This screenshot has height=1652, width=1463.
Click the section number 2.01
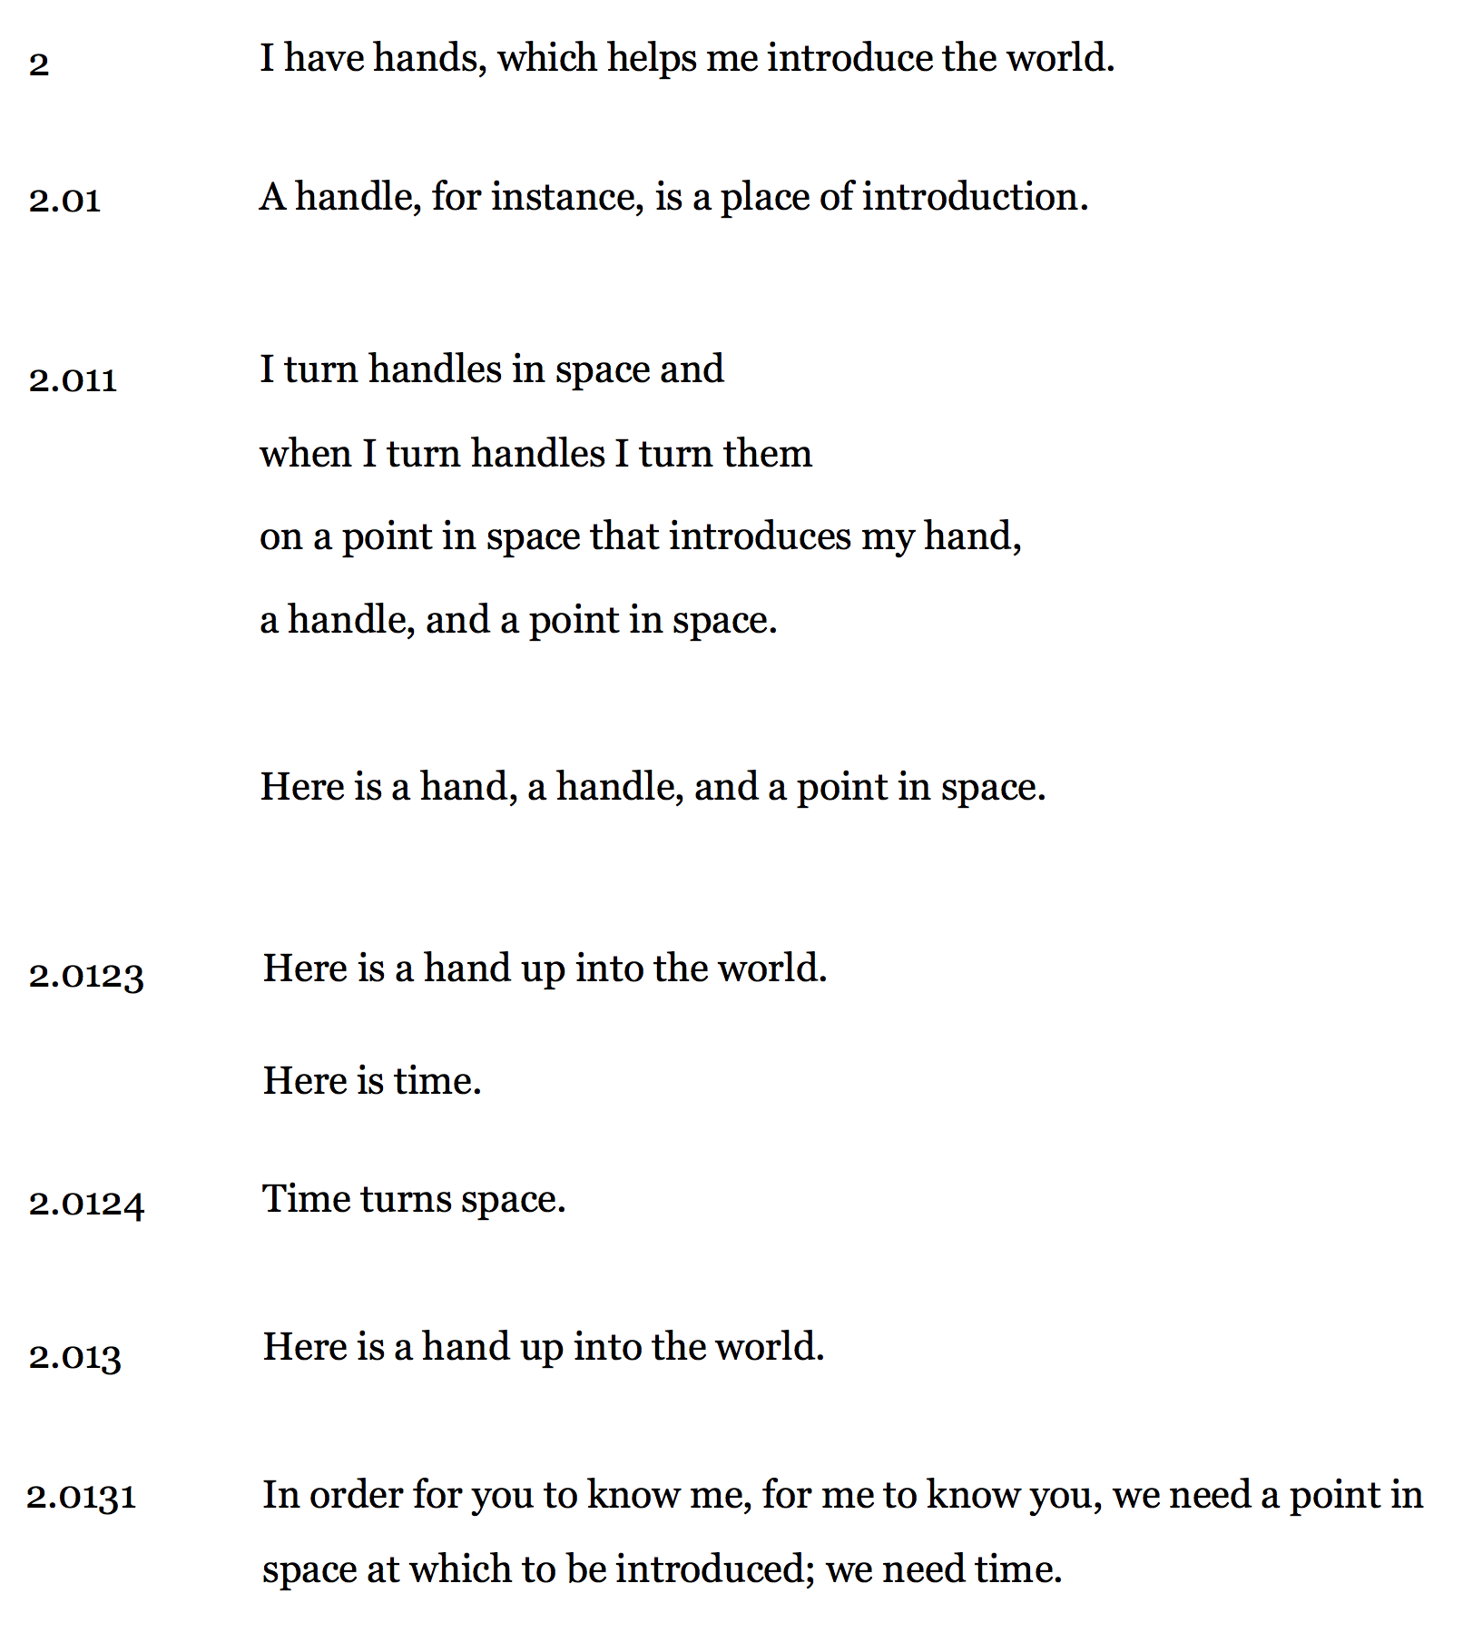tap(64, 200)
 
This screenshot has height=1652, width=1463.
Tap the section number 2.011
tap(73, 379)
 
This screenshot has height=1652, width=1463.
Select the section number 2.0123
tap(86, 976)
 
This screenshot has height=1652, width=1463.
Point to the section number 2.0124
tap(86, 1204)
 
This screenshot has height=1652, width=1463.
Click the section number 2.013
tap(74, 1357)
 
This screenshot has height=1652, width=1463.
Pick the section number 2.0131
tap(82, 1497)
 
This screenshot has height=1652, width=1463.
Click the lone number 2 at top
tap(39, 64)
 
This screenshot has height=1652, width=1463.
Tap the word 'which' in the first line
tap(547, 58)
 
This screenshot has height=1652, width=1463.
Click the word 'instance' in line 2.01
tap(567, 197)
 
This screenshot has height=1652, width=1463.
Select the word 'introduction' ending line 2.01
tap(975, 197)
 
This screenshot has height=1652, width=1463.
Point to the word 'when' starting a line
tap(305, 453)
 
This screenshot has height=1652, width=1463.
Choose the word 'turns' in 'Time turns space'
tap(406, 1199)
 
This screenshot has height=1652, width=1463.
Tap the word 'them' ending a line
tap(770, 453)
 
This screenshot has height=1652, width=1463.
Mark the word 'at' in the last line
tap(383, 1569)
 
